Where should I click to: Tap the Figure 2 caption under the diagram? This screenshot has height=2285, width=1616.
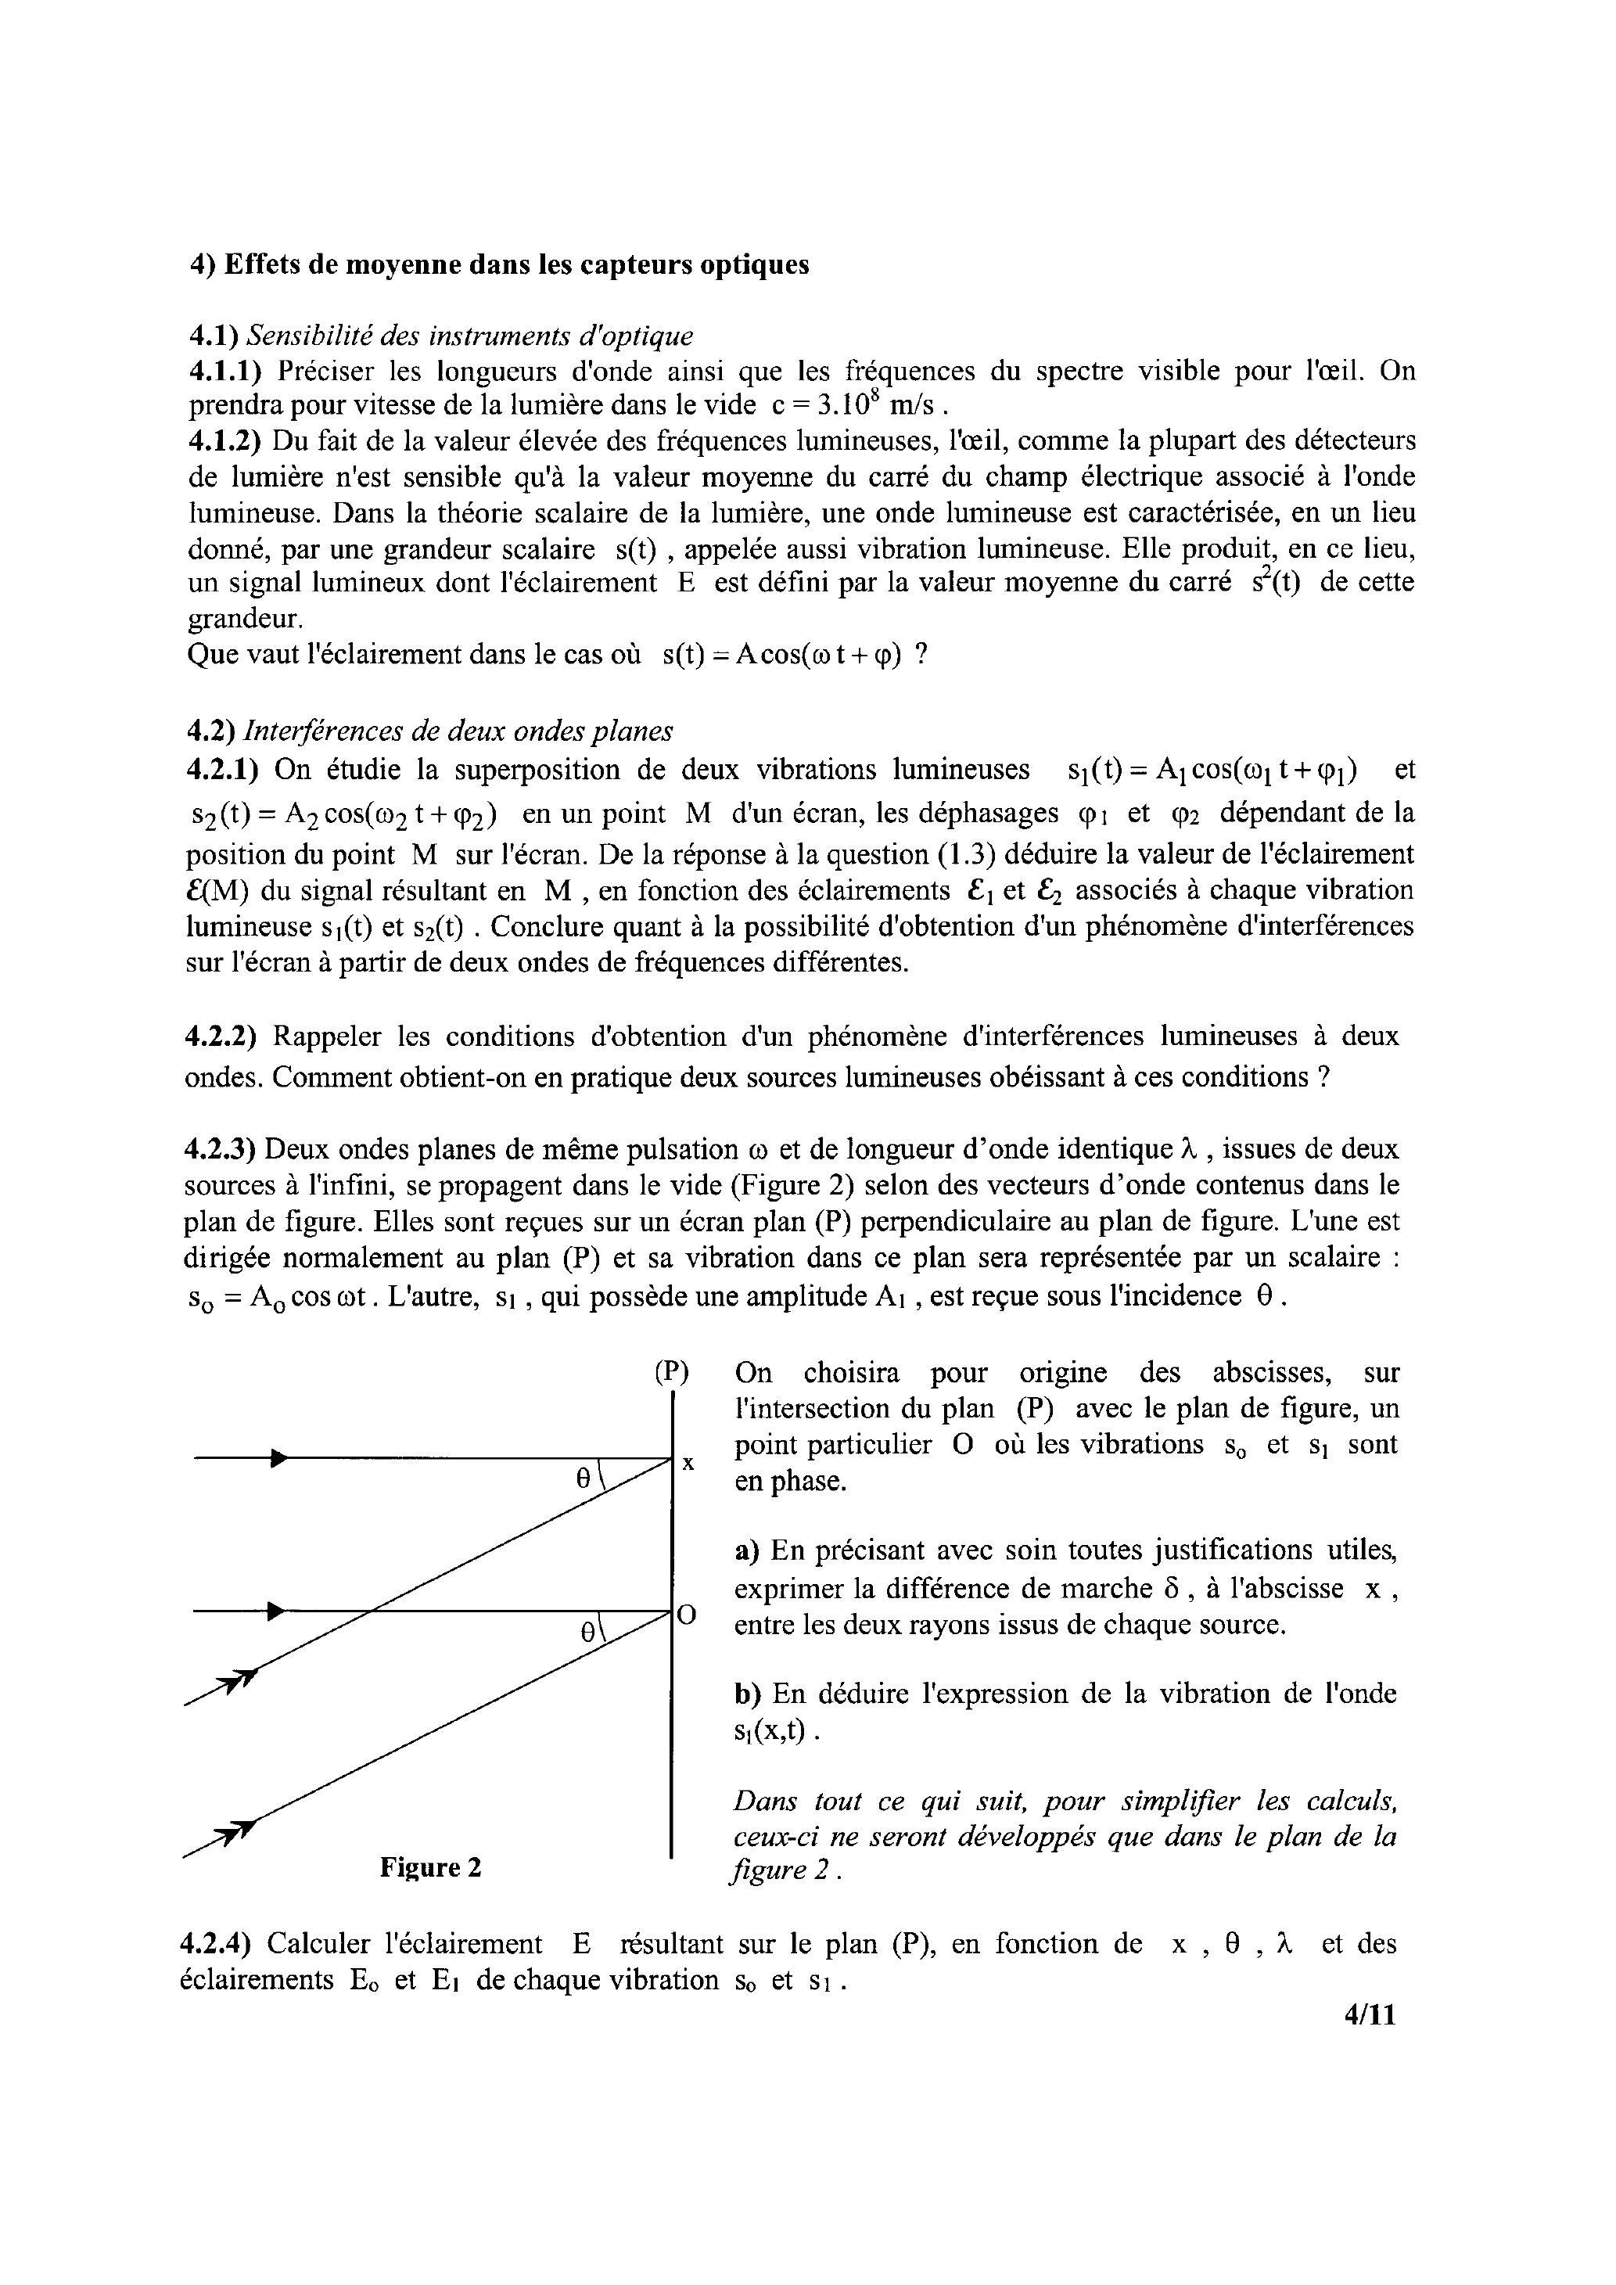click(x=430, y=1867)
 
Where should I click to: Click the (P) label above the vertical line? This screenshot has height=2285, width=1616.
click(x=672, y=1371)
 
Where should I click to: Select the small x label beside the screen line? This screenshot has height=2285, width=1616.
click(x=688, y=1464)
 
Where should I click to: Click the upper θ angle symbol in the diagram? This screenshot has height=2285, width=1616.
click(x=584, y=1479)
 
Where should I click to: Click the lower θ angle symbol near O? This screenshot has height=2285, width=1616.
click(x=588, y=1631)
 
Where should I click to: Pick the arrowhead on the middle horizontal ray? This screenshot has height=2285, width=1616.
click(x=278, y=1610)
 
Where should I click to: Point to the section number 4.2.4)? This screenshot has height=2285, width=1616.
click(x=219, y=1944)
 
